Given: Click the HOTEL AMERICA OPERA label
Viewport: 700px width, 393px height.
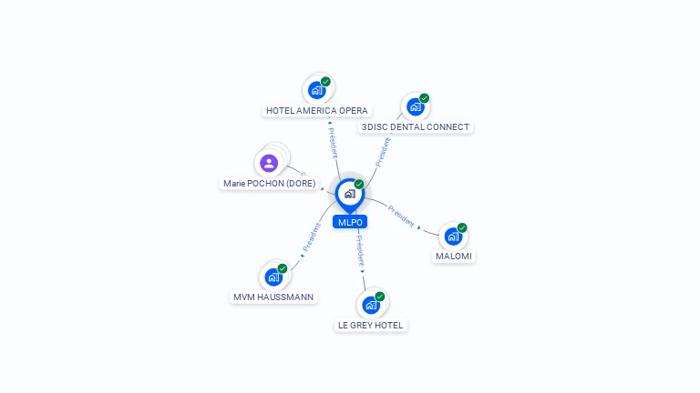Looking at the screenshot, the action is pos(317,110).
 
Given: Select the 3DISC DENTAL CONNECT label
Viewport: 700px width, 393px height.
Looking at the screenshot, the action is pos(416,127).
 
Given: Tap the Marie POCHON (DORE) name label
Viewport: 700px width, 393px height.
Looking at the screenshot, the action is pos(269,183).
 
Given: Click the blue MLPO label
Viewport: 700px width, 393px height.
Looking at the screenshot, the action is pos(350,222).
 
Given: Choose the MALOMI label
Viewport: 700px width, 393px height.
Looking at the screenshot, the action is pos(454,257).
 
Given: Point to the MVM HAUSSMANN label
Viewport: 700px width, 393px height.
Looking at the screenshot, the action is pos(273,297).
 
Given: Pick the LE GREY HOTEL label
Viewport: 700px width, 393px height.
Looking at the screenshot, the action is pos(371,326).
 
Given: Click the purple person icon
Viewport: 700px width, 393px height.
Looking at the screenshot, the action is pos(269,163).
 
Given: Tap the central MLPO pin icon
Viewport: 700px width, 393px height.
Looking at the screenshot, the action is pos(350,195).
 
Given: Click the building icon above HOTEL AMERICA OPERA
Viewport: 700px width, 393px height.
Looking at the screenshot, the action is pos(317,90).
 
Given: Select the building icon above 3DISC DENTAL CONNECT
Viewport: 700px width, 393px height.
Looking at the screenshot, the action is pos(416,106).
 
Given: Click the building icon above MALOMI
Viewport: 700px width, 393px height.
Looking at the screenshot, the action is pos(453,237).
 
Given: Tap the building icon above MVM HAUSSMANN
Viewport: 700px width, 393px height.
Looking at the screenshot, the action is pos(273,277).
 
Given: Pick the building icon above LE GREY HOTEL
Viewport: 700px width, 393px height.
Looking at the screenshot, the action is pos(371,306).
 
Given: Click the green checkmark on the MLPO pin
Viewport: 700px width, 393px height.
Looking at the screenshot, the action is pos(359,184).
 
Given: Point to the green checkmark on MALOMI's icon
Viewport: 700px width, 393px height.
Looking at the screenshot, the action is pos(462,227).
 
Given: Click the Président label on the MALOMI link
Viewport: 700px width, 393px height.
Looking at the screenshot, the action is pos(401,217).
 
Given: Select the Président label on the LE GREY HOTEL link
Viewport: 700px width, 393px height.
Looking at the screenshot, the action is pos(360,251).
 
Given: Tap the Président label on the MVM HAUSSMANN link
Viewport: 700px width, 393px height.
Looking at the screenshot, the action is pos(312,237).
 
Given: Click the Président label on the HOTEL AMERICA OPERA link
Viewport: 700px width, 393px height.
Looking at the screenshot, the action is pos(333,143).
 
